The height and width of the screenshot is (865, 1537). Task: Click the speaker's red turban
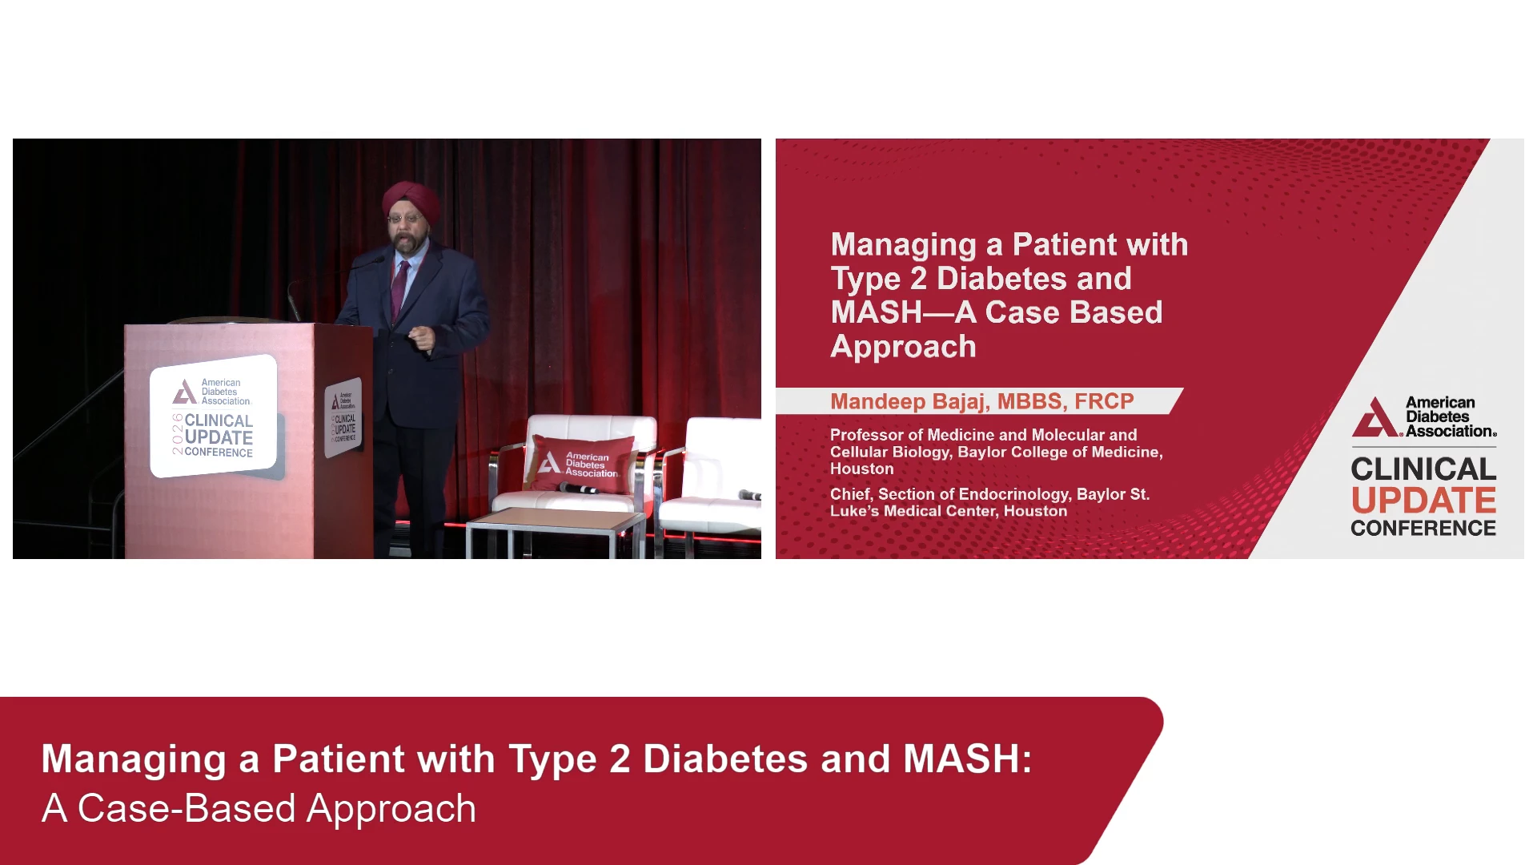411,200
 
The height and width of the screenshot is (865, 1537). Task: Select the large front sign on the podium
213,416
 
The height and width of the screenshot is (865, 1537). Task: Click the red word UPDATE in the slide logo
1423,501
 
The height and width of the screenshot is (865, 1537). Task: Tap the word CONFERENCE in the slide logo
1423,529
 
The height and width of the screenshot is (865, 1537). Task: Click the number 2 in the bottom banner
620,759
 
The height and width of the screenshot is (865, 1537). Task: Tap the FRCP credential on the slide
1104,401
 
